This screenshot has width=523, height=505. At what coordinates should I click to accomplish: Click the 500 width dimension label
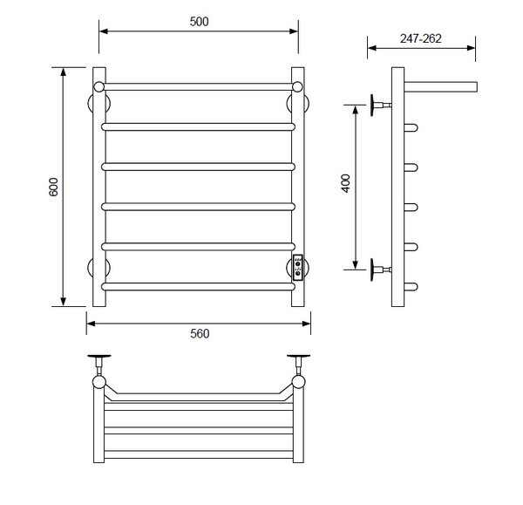coord(199,22)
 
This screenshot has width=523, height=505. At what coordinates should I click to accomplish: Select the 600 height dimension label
coord(53,187)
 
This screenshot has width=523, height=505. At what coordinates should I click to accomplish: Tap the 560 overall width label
coord(200,333)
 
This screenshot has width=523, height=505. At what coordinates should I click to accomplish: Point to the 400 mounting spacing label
coord(346,183)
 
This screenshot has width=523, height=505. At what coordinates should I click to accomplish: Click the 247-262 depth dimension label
coord(421,38)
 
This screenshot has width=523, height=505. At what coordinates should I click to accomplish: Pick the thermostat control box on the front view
coord(297,268)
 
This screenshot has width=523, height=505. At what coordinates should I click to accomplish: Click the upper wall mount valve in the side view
coord(381,106)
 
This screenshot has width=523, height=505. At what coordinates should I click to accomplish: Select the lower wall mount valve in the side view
coord(381,270)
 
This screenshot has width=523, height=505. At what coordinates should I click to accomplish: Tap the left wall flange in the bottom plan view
coord(99,356)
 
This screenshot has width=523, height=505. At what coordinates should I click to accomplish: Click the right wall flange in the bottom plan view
coord(298,356)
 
